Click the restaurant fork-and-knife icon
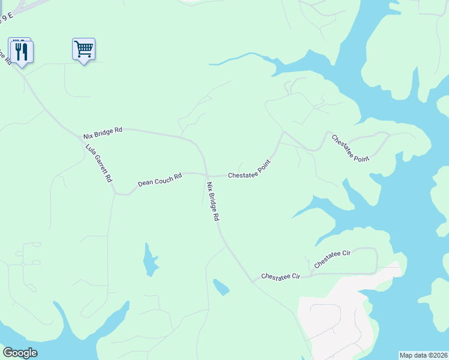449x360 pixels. pyautogui.click(x=22, y=51)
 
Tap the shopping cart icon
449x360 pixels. pyautogui.click(x=83, y=49)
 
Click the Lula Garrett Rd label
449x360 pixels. pyautogui.click(x=99, y=163)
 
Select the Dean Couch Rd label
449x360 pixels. pyautogui.click(x=160, y=180)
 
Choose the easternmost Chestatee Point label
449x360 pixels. pyautogui.click(x=351, y=147)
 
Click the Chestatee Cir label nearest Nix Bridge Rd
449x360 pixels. pyautogui.click(x=280, y=277)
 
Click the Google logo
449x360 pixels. pyautogui.click(x=20, y=353)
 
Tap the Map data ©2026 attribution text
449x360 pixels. pyautogui.click(x=423, y=355)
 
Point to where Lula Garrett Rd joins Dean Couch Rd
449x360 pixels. pyautogui.click(x=115, y=193)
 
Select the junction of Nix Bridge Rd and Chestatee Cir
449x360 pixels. pyautogui.click(x=254, y=281)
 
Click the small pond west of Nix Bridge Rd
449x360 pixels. pyautogui.click(x=149, y=261)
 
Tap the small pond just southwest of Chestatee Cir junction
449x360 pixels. pyautogui.click(x=221, y=287)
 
